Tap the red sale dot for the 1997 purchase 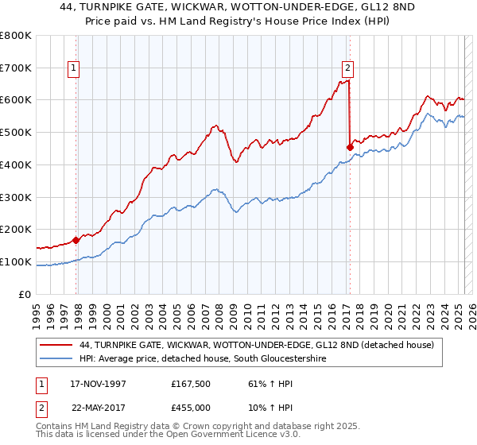(76, 239)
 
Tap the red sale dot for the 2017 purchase (350, 146)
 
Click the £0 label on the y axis (25, 295)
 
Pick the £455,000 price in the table (196, 408)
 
